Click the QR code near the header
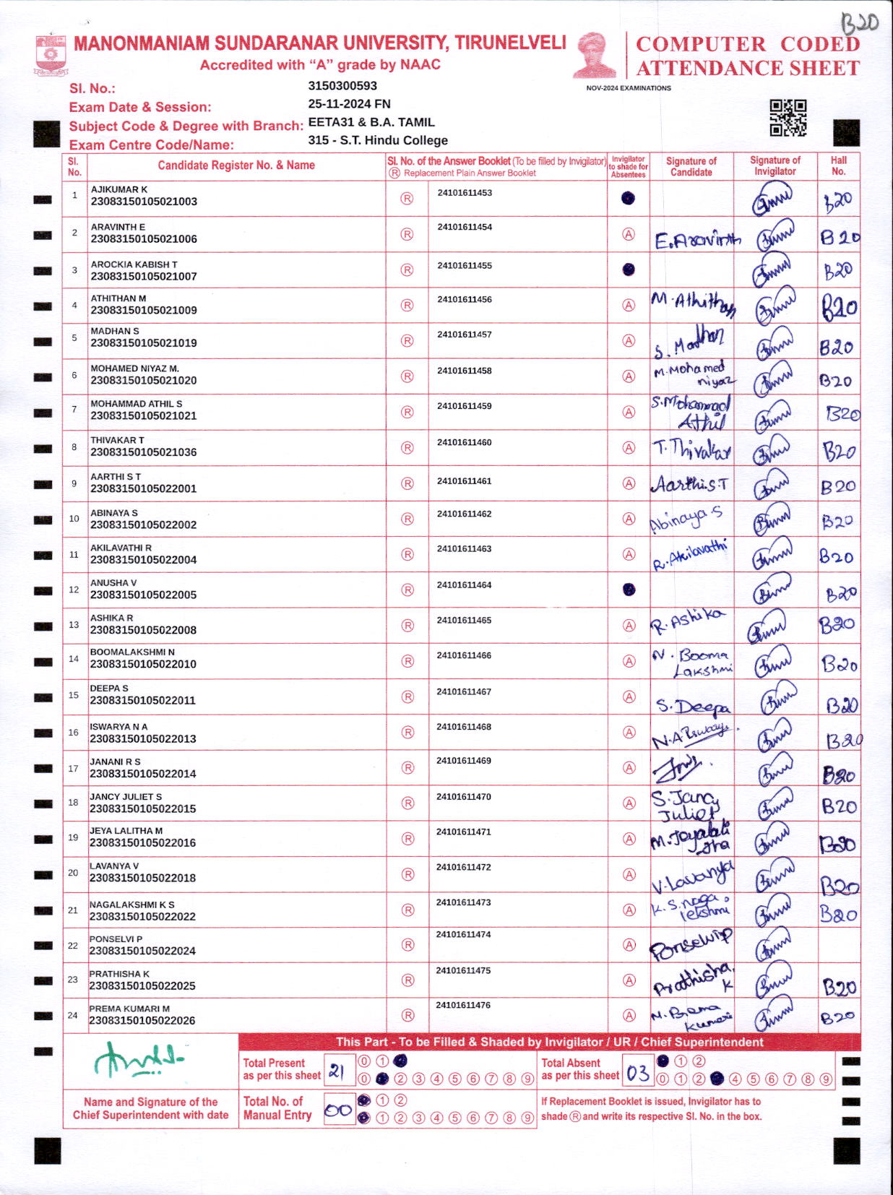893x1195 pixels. point(788,118)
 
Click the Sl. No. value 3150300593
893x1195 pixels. point(342,86)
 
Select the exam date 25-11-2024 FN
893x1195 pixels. point(349,104)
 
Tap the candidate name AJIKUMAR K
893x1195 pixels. point(119,189)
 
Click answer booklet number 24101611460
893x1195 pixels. point(465,442)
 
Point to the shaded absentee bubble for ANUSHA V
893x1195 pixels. point(629,590)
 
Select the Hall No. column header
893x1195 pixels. point(838,166)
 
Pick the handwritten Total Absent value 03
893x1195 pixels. point(638,1073)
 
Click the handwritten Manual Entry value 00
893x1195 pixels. point(337,1110)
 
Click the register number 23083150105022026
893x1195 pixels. point(142,1021)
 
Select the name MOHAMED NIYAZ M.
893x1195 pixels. point(134,368)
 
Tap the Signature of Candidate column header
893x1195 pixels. point(691,167)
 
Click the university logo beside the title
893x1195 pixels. point(51,53)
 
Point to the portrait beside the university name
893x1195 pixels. point(595,55)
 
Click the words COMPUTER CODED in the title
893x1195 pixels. point(747,45)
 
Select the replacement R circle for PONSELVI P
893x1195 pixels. point(407,945)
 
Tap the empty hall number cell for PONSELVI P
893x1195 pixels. point(839,945)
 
